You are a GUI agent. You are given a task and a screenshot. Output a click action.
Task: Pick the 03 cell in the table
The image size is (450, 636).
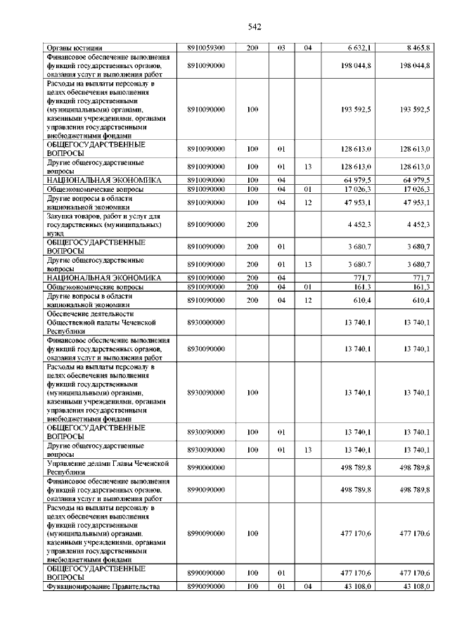coord(281,48)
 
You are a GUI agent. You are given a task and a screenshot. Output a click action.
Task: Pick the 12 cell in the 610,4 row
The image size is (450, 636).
coord(307,301)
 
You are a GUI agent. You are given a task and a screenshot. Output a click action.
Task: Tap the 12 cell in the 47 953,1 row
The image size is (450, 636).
coord(307,202)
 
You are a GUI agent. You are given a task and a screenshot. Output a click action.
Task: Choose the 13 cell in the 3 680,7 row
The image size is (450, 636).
coord(307,264)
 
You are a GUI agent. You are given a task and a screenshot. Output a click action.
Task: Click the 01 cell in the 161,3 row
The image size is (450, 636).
coord(307,287)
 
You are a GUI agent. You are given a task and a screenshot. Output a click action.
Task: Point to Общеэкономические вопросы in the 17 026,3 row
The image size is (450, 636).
coord(95,190)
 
